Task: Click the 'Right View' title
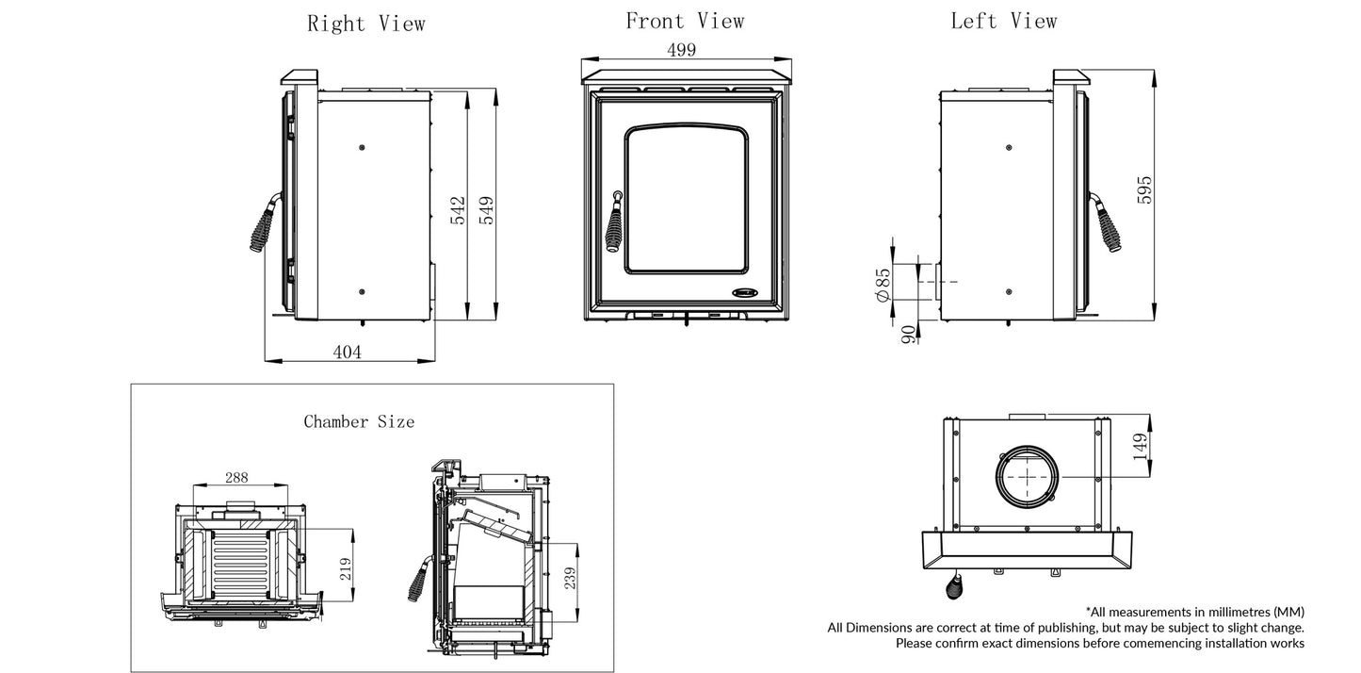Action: click(365, 24)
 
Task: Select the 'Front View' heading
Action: click(685, 21)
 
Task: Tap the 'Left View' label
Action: click(1003, 21)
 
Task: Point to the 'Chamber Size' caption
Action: click(358, 422)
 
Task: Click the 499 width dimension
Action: click(682, 51)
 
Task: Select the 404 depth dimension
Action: click(347, 352)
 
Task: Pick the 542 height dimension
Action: click(457, 210)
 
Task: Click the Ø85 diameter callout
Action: click(883, 284)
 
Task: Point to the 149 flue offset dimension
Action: click(1141, 446)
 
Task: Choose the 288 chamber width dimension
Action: click(238, 478)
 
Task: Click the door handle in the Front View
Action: click(614, 226)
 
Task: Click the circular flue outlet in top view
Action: click(1026, 477)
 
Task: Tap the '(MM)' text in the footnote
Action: click(1288, 612)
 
